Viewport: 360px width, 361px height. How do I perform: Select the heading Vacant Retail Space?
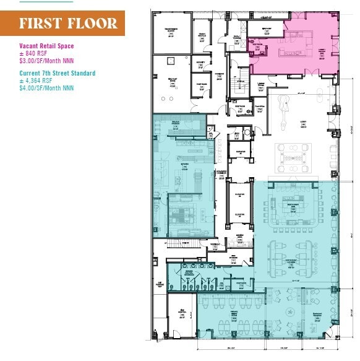coord(47,45)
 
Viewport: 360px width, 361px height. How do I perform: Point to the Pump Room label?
coord(201,85)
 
